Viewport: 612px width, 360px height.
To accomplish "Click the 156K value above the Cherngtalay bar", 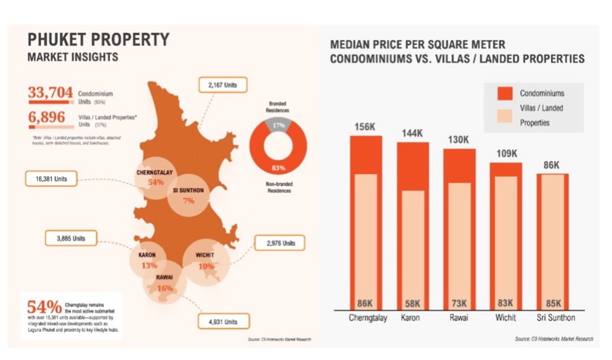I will tap(365, 127).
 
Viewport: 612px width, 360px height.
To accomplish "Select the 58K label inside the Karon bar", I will tap(413, 304).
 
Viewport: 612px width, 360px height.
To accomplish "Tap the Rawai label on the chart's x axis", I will tap(459, 319).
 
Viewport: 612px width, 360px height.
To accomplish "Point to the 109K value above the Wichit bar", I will tap(506, 154).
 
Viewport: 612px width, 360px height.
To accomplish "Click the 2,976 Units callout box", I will tap(280, 243).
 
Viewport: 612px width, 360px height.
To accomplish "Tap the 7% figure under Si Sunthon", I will tap(188, 201).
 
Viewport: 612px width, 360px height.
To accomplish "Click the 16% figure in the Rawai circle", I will tap(164, 289).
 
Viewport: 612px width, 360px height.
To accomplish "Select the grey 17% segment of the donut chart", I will tap(278, 125).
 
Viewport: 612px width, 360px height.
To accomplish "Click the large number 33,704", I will tap(50, 93).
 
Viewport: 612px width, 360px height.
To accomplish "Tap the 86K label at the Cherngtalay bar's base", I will tap(365, 304).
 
